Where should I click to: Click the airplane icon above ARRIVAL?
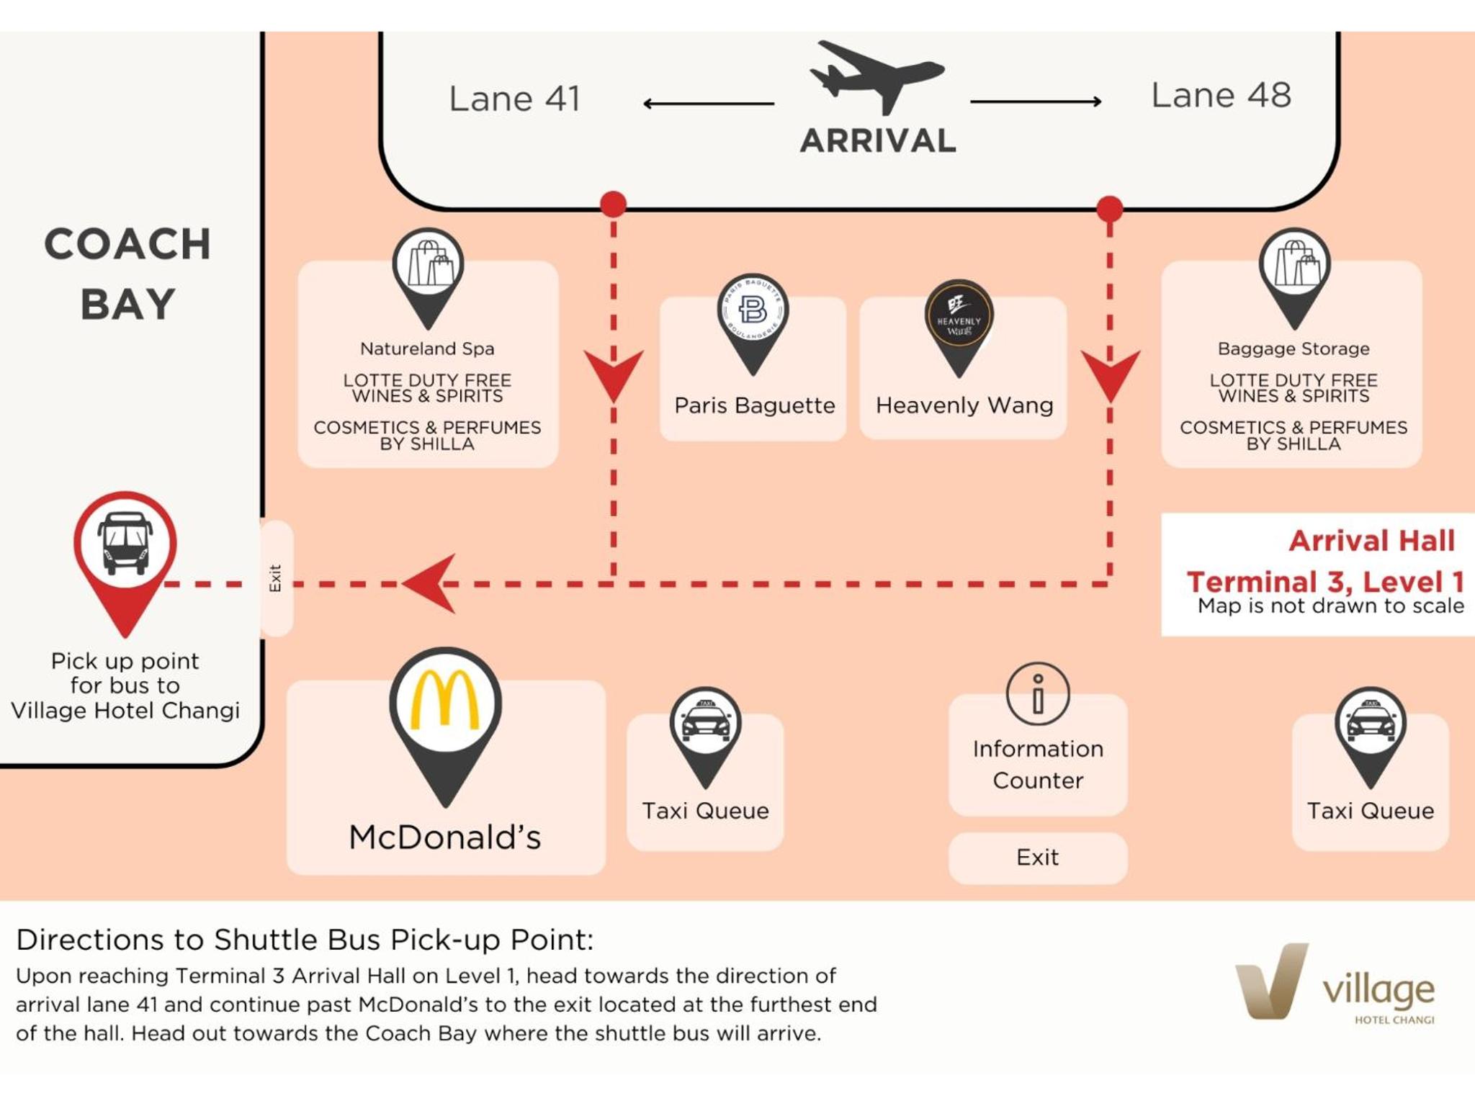tap(877, 76)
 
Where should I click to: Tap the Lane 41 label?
tap(514, 99)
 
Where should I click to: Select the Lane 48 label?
tap(1221, 95)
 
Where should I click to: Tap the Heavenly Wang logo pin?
tap(959, 316)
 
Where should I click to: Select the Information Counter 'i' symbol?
tap(1038, 693)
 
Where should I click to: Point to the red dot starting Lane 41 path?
tap(613, 204)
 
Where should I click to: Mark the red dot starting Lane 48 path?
tap(1110, 209)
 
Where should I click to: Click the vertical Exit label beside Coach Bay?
tap(275, 578)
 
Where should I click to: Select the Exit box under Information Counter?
tap(1038, 858)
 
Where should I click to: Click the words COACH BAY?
tap(128, 274)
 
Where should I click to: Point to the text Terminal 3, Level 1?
tap(1325, 582)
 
